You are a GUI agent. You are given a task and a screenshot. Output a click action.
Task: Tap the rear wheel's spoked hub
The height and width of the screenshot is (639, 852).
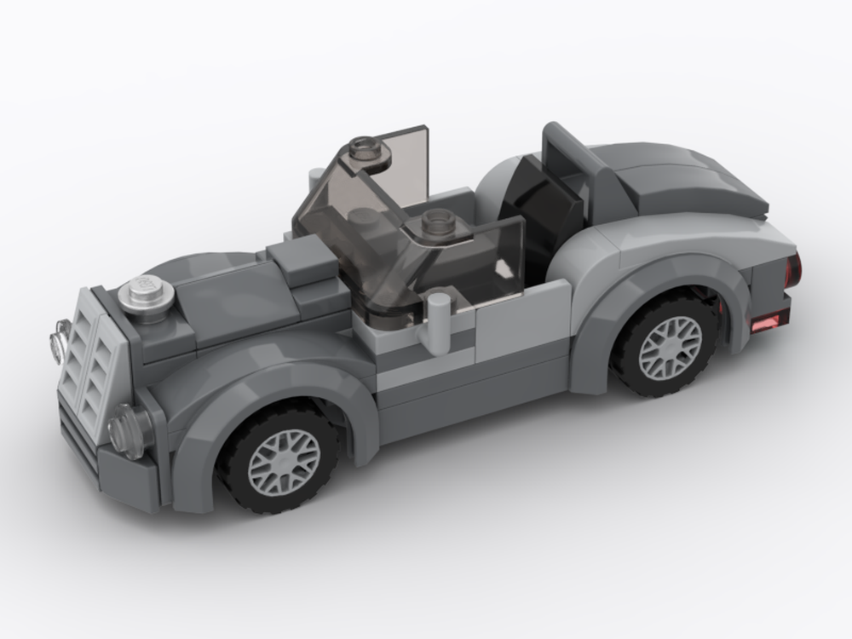coord(670,348)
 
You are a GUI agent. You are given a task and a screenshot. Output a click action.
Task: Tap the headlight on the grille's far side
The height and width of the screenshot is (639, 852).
coord(59,341)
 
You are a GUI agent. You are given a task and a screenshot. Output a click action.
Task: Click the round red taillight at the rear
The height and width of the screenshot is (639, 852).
coord(792,271)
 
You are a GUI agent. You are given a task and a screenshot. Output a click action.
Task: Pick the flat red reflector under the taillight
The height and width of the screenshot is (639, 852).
coord(766,321)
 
